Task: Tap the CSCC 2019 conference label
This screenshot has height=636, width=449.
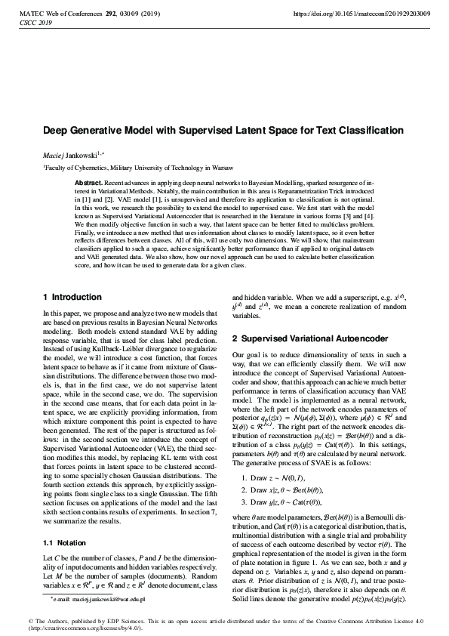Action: (x=32, y=23)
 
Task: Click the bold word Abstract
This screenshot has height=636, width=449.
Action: (x=90, y=184)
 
